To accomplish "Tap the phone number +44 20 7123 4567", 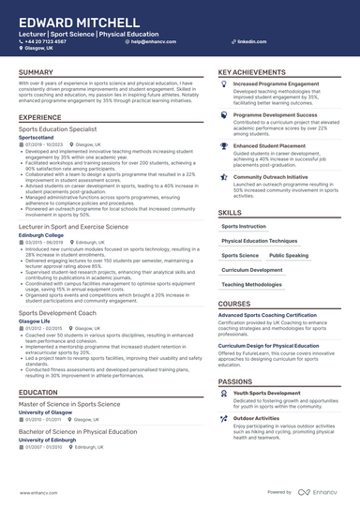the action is click(x=46, y=42).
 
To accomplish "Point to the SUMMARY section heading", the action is click(x=36, y=72).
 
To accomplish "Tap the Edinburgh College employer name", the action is click(x=42, y=234).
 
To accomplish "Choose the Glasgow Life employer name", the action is click(x=36, y=321).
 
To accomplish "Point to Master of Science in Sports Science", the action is click(x=69, y=403).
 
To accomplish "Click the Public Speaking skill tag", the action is click(x=289, y=254).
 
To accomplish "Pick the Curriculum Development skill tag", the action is click(x=252, y=269).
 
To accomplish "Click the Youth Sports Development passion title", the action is click(x=267, y=393).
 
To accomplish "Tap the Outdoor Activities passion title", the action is click(x=258, y=417).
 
